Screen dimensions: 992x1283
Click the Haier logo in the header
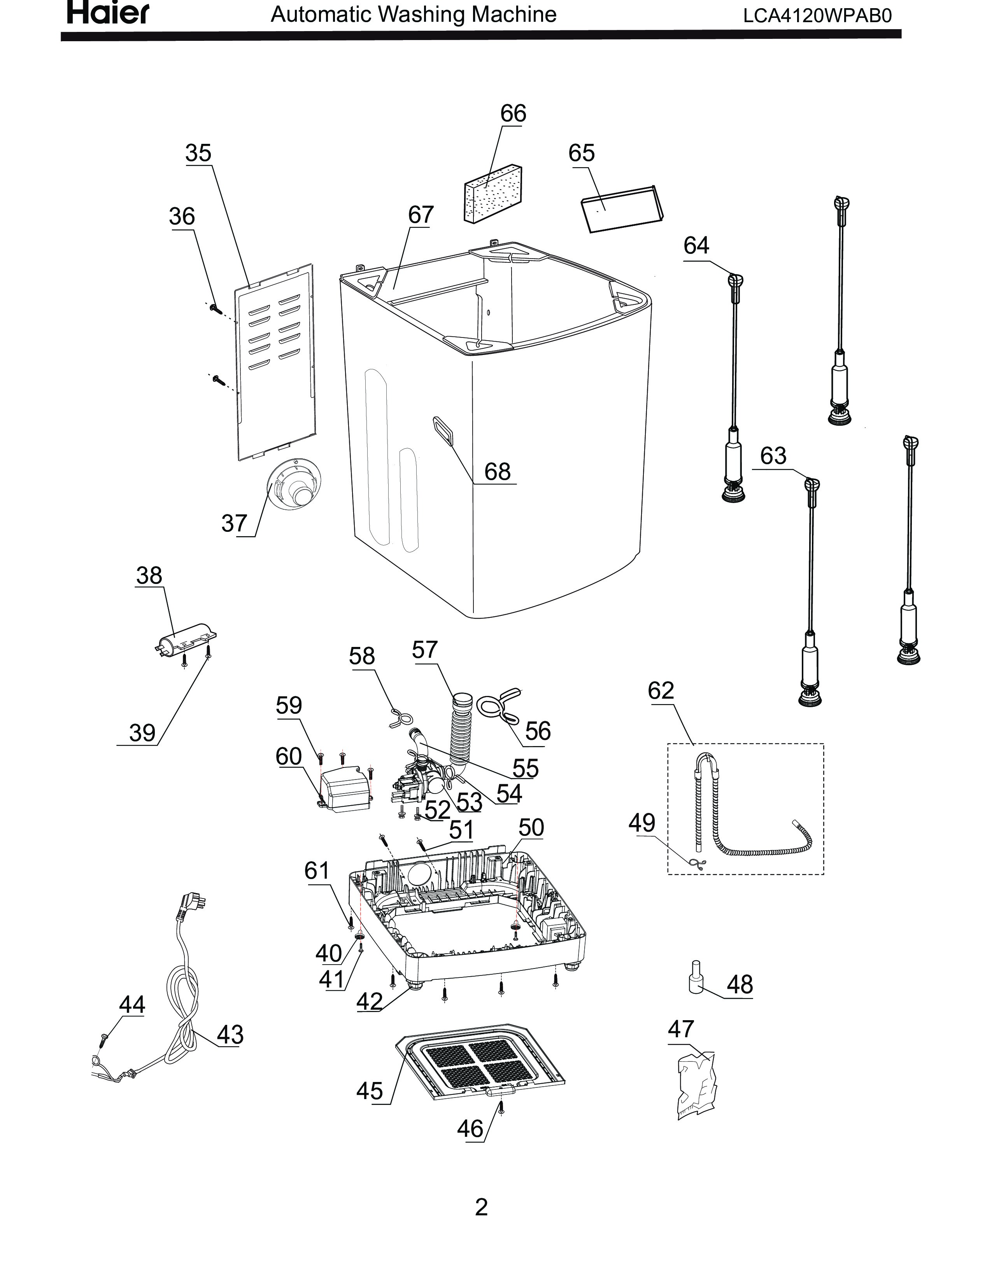pyautogui.click(x=108, y=12)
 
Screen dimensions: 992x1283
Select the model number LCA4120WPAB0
pyautogui.click(x=817, y=15)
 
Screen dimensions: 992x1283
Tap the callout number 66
pyautogui.click(x=513, y=114)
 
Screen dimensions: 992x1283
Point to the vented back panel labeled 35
pyautogui.click(x=275, y=362)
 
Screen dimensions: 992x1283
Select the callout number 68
pyautogui.click(x=497, y=472)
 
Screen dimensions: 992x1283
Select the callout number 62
pyautogui.click(x=661, y=690)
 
